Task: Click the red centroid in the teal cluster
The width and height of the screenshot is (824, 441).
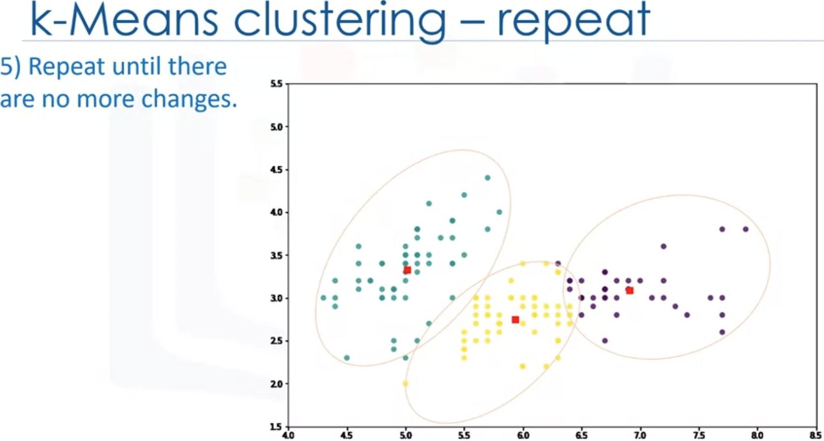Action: click(x=407, y=270)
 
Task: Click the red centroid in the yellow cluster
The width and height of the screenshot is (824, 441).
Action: click(x=515, y=320)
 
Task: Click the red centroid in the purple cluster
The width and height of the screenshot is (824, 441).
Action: click(x=629, y=291)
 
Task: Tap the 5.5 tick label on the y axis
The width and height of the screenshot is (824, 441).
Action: click(x=276, y=84)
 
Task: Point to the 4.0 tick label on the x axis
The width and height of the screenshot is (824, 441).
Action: click(x=288, y=435)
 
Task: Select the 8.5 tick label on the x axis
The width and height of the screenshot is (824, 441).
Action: click(x=816, y=435)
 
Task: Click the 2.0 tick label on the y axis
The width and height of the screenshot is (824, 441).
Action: click(x=276, y=384)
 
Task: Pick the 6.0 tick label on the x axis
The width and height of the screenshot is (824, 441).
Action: click(x=523, y=435)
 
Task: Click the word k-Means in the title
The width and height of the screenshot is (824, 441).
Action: click(x=124, y=21)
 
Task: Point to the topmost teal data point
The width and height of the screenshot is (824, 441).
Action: click(x=487, y=178)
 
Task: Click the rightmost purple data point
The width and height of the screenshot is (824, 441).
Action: click(x=746, y=229)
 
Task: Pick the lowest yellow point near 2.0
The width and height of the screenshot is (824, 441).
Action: click(x=406, y=383)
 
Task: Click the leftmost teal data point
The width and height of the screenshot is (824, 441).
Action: click(x=323, y=297)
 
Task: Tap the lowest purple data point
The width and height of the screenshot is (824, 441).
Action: click(x=605, y=340)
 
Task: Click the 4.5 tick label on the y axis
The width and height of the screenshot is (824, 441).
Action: click(x=276, y=170)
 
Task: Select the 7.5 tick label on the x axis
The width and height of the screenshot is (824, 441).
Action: click(x=699, y=435)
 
